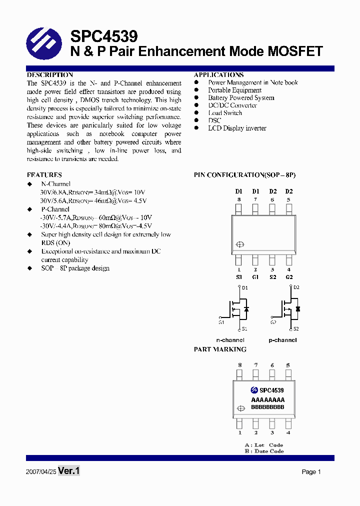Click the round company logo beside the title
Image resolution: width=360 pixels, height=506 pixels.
(44, 43)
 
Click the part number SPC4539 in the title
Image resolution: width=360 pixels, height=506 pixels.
(104, 36)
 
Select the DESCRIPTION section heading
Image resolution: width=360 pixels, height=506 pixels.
(50, 75)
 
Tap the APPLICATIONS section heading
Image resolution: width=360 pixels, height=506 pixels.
(218, 75)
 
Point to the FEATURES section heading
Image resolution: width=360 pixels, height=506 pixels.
(44, 175)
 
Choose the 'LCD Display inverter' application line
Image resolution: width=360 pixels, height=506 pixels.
(237, 128)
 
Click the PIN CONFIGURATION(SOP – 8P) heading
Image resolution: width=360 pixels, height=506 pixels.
(245, 175)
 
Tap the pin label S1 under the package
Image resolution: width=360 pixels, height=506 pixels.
(239, 277)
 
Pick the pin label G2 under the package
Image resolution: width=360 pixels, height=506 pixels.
(288, 277)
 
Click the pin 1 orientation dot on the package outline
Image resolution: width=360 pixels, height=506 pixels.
(239, 244)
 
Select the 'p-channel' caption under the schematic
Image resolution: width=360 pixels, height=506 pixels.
(282, 340)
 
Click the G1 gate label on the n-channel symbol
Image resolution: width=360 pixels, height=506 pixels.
(221, 322)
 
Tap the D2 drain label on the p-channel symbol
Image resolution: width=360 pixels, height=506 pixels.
(296, 287)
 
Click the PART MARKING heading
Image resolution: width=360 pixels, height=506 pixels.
(220, 349)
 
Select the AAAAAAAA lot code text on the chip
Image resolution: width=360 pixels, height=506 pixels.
(267, 400)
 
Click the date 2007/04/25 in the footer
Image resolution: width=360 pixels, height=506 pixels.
(40, 471)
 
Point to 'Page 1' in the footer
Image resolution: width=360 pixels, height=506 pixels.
(311, 471)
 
